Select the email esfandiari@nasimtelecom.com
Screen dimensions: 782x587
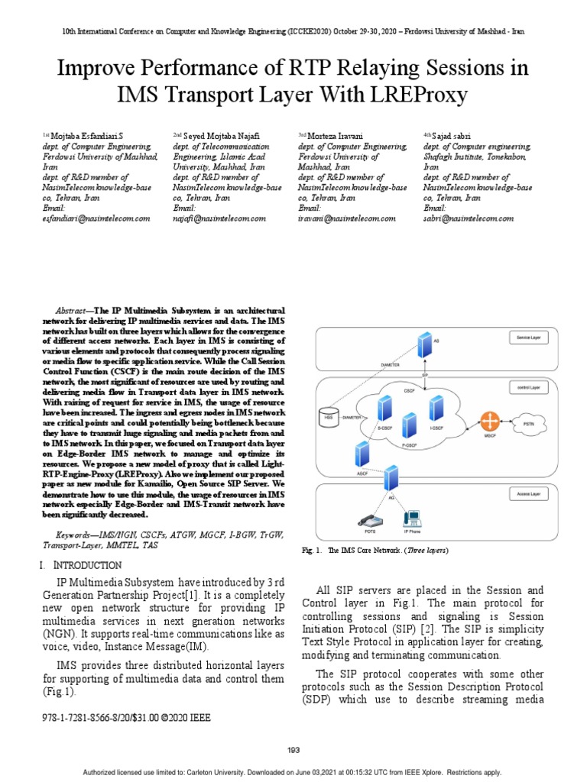pyautogui.click(x=96, y=218)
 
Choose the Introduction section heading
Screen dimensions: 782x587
pyautogui.click(x=83, y=565)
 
